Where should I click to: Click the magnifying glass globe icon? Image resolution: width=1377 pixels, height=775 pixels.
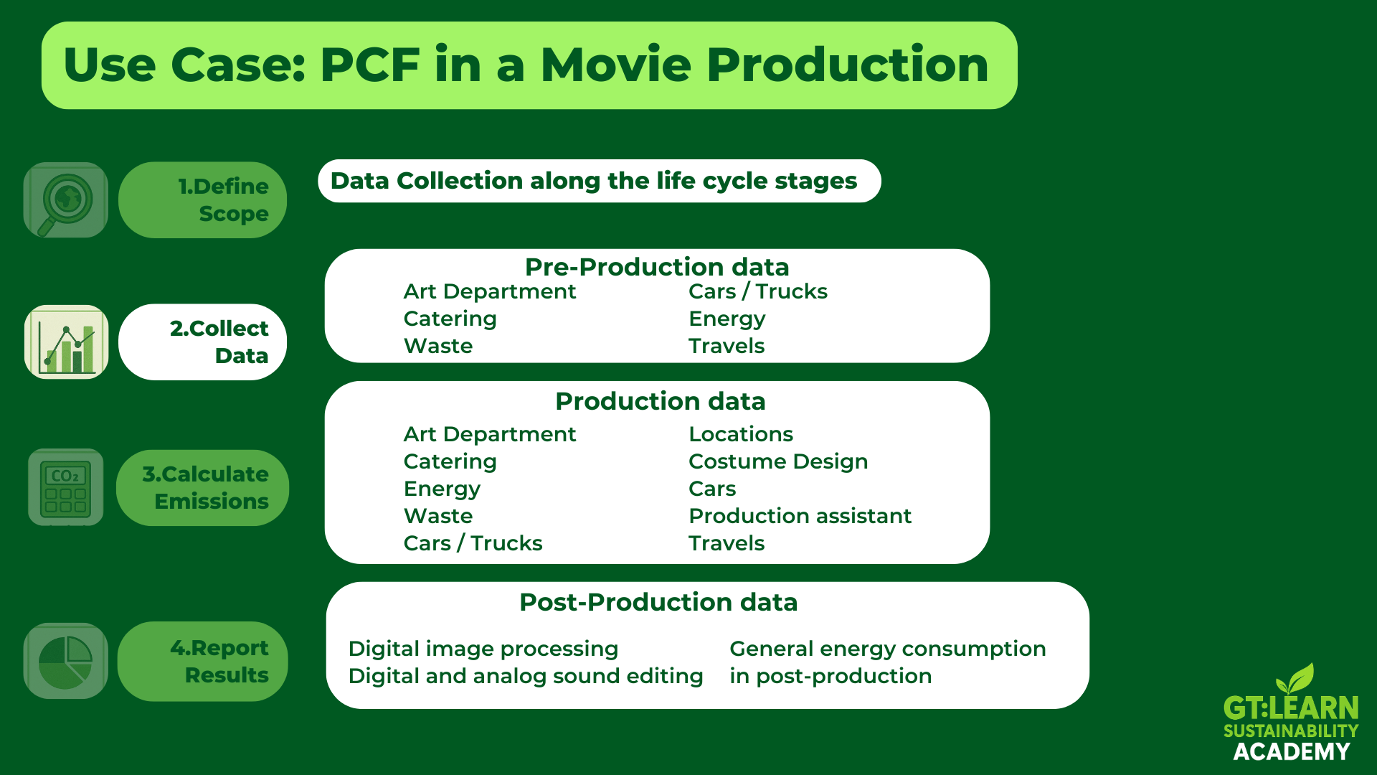click(66, 200)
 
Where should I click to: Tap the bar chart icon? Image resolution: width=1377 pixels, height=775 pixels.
click(67, 342)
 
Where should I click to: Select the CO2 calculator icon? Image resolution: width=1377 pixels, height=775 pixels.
click(66, 488)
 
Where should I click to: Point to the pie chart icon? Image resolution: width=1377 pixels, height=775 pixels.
click(66, 661)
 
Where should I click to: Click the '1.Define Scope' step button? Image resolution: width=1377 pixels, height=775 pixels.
click(202, 200)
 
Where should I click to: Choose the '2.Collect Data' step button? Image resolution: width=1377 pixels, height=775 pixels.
click(202, 342)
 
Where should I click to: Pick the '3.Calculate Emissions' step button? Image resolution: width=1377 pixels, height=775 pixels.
click(202, 488)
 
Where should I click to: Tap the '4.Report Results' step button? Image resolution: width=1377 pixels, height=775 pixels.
click(202, 661)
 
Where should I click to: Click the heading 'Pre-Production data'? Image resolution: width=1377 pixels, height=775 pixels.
click(657, 267)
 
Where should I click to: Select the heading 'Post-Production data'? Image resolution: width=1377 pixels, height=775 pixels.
click(658, 602)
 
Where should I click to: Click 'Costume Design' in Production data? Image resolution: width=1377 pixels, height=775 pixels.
click(778, 461)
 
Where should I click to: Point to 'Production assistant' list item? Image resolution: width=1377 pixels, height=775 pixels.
click(800, 516)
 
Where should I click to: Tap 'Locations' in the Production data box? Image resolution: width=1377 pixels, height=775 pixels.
click(741, 434)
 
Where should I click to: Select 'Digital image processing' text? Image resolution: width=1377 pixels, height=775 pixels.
click(483, 649)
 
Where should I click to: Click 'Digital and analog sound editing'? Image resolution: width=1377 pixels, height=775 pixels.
click(526, 676)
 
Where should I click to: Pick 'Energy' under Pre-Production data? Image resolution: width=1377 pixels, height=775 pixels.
click(727, 319)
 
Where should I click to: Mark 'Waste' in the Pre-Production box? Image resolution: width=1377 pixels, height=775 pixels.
click(438, 346)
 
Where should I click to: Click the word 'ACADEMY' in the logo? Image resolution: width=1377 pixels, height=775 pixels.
click(1292, 751)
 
